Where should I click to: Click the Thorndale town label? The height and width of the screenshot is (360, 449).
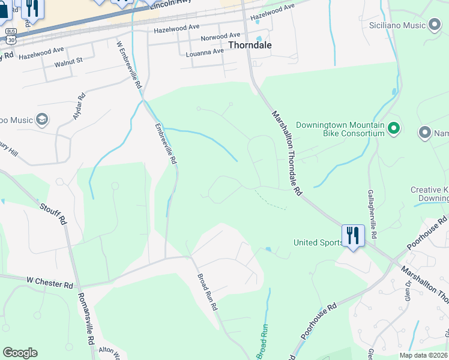pyautogui.click(x=250, y=45)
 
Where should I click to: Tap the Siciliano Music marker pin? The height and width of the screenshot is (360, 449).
pyautogui.click(x=435, y=25)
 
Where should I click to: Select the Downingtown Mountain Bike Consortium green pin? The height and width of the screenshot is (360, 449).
pyautogui.click(x=393, y=128)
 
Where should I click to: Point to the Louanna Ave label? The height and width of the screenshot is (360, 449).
pyautogui.click(x=205, y=52)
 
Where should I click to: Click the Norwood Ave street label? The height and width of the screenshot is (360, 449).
pyautogui.click(x=220, y=37)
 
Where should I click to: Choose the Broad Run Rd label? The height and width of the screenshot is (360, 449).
pyautogui.click(x=207, y=292)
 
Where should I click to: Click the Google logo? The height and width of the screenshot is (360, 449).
pyautogui.click(x=20, y=353)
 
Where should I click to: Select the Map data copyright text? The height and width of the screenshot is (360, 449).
pyautogui.click(x=423, y=355)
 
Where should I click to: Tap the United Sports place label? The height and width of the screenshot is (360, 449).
pyautogui.click(x=318, y=242)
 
